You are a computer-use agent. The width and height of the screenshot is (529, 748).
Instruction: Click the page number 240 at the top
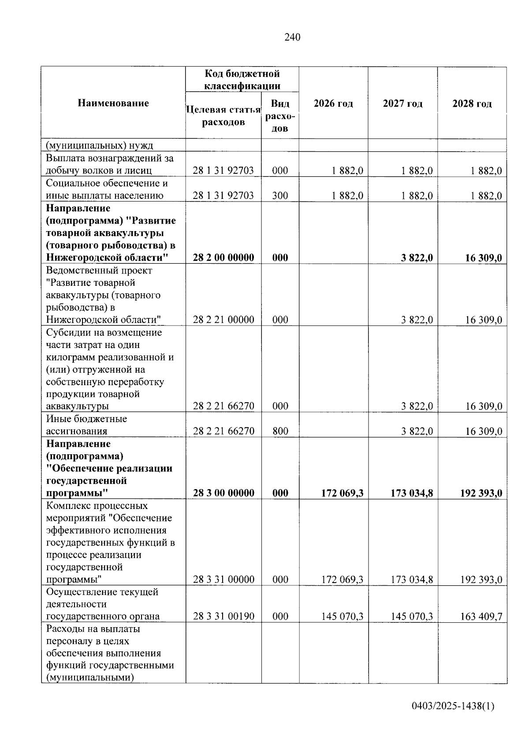point(292,37)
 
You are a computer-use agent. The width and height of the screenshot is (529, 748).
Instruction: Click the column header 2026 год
point(333,104)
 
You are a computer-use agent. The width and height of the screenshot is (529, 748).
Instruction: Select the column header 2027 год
point(402,104)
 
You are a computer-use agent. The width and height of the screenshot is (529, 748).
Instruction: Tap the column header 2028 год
point(472,104)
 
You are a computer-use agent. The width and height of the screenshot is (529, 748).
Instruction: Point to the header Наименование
point(113,103)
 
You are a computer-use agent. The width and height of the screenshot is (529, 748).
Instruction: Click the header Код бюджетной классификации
point(242,80)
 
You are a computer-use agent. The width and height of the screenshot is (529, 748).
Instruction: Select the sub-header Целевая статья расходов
point(224,116)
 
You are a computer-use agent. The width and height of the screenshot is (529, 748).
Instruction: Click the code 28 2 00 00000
point(224,258)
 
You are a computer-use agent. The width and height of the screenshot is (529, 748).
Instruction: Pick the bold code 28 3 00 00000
point(224,493)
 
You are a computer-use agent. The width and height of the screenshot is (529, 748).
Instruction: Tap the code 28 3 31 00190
point(224,616)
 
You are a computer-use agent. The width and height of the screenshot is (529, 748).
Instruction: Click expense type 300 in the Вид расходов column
point(280,195)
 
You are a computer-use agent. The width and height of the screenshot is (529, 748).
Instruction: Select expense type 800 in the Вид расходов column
point(280,431)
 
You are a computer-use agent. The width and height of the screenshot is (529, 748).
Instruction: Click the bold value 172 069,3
point(342,493)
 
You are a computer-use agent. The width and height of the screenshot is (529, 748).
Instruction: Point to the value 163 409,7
point(481,616)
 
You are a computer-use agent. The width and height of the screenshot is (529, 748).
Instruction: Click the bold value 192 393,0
point(481,493)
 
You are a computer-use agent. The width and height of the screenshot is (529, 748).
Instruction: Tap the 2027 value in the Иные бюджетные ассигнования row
point(417,431)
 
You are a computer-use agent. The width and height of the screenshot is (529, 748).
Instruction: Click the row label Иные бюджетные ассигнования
point(86,425)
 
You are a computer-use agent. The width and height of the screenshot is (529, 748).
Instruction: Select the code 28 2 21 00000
point(224,320)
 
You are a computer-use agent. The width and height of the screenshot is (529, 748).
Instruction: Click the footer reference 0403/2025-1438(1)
point(453,706)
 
